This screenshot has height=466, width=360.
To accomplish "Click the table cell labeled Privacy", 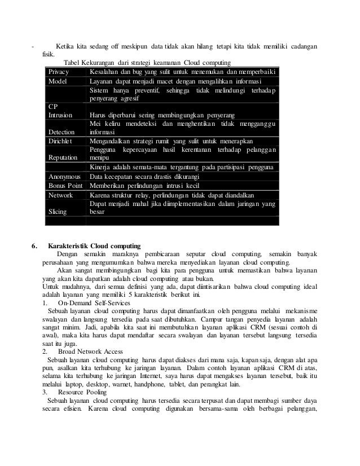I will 58,72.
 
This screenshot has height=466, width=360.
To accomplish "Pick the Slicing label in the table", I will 58,212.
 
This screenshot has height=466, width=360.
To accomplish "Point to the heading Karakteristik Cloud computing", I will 95,246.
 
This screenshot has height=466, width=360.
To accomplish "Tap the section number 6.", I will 35,246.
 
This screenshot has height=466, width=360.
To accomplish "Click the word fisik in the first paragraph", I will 48,55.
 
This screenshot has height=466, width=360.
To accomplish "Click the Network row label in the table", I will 61,195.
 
